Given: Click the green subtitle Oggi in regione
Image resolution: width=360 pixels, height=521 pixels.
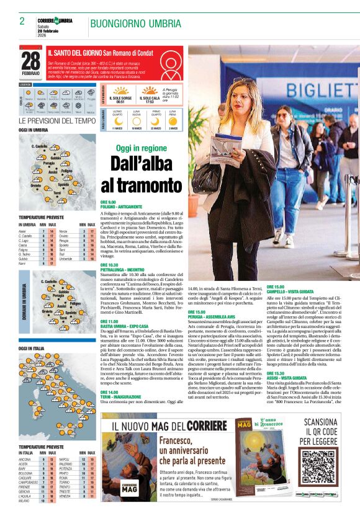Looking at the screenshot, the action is (x=142, y=148).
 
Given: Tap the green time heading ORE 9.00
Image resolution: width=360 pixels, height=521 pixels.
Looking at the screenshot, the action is (x=108, y=202).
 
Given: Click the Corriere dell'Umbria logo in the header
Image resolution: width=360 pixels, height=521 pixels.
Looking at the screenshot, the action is (x=55, y=21).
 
